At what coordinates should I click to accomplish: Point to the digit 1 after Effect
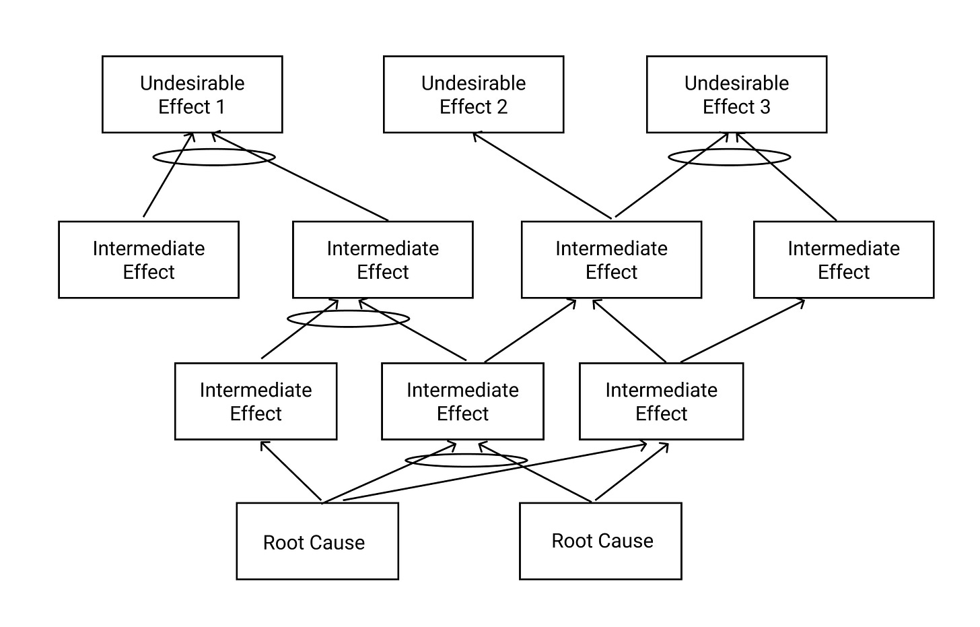pyautogui.click(x=220, y=107)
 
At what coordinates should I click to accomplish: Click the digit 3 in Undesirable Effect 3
pyautogui.click(x=765, y=107)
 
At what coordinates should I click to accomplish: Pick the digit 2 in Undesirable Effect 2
pyautogui.click(x=502, y=107)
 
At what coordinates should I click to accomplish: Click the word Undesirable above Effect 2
pyautogui.click(x=473, y=84)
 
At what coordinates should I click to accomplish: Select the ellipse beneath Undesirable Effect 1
pyautogui.click(x=214, y=149)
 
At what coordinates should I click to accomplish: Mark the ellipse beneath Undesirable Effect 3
pyautogui.click(x=730, y=149)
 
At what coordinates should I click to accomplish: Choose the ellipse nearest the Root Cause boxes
pyautogui.click(x=466, y=454)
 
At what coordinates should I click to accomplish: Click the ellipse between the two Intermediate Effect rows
pyautogui.click(x=348, y=311)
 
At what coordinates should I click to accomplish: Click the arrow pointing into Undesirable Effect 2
pyautogui.click(x=542, y=176)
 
